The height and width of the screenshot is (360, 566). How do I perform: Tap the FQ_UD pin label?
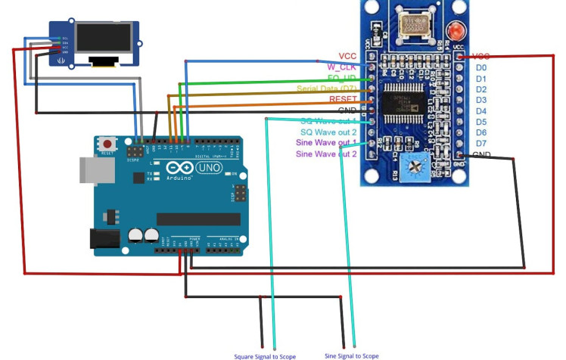coord(342,78)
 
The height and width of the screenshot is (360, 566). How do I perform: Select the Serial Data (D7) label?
coord(328,89)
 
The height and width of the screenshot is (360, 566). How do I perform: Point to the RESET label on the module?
coord(343,100)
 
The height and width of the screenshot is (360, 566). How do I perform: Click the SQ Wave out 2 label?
coord(328,132)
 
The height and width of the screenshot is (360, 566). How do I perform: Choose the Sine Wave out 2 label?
coord(326,154)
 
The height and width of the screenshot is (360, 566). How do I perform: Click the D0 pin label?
coord(481,67)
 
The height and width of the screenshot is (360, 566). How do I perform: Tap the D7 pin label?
coord(481,144)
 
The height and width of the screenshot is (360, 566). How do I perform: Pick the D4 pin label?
coord(481,111)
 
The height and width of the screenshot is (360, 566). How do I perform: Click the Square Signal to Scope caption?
coord(265,355)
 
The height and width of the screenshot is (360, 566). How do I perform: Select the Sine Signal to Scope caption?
coord(352,355)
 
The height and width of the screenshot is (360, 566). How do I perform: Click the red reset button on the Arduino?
coord(108,143)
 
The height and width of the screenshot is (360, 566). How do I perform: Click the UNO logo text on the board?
coord(208,166)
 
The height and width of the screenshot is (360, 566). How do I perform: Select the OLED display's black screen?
coord(104,37)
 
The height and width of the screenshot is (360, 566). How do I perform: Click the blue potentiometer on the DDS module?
coord(415,163)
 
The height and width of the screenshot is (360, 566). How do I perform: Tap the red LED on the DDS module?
coord(456,31)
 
